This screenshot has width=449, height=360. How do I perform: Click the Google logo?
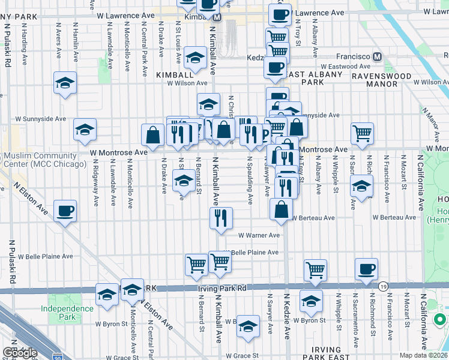click(19, 353)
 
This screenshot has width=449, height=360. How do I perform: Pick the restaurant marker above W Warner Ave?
click(221, 218)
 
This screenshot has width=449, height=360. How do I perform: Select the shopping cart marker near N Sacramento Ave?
click(363, 133)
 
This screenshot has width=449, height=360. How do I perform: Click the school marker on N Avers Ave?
click(65, 83)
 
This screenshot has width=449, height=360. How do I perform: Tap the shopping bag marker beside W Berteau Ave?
click(281, 210)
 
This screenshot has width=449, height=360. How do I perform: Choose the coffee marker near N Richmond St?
click(366, 269)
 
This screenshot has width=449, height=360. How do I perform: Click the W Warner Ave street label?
click(259, 236)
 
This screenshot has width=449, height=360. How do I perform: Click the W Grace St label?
click(244, 355)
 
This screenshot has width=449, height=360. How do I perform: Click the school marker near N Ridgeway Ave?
click(85, 129)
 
